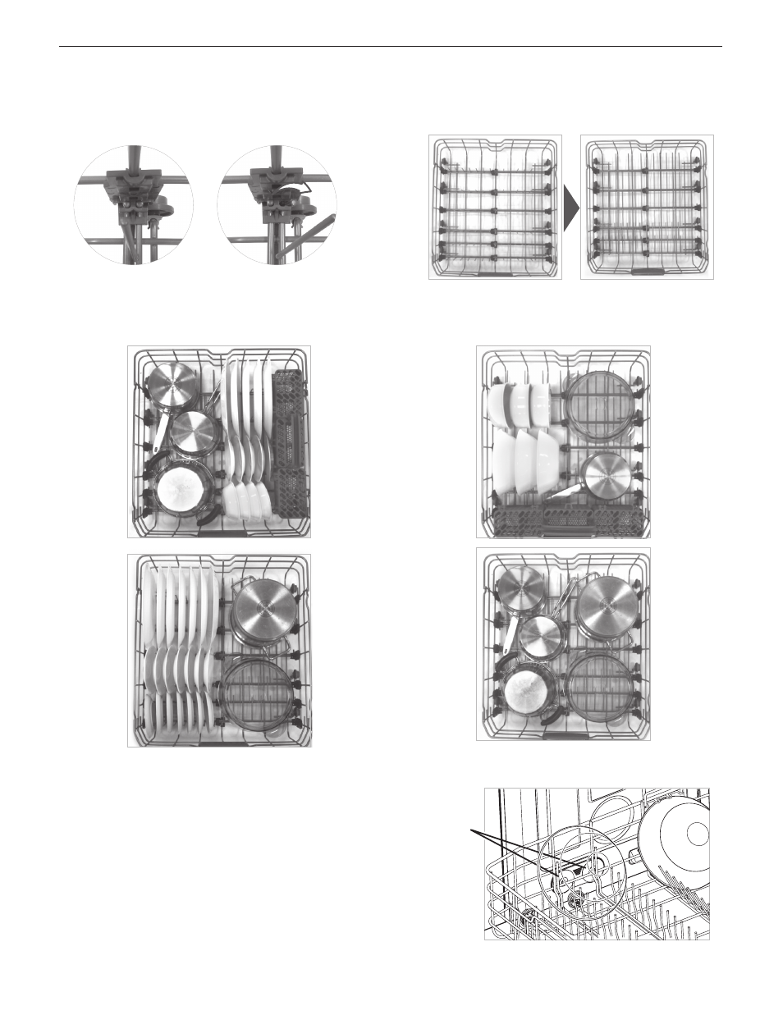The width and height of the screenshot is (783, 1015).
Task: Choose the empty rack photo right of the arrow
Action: (x=647, y=208)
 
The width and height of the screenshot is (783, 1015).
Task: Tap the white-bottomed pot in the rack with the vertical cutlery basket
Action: (x=179, y=491)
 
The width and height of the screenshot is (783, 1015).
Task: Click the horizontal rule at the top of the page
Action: (x=391, y=47)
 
